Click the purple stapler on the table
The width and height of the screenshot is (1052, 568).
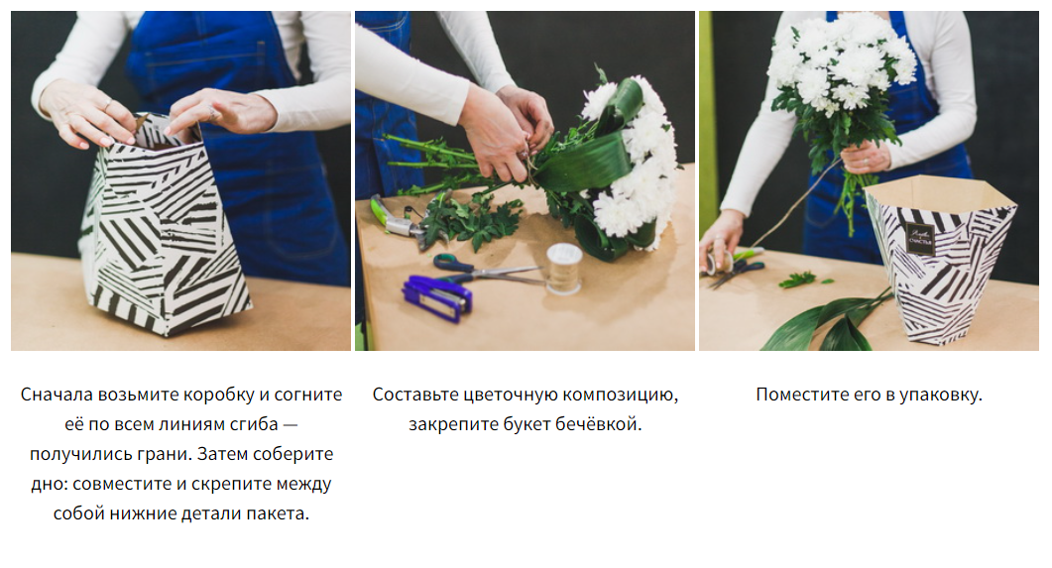click(437, 297)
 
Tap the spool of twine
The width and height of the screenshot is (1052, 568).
click(563, 269)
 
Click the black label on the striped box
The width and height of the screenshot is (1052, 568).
click(920, 238)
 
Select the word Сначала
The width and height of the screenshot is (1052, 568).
click(58, 395)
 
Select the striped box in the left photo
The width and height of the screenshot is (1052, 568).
click(165, 228)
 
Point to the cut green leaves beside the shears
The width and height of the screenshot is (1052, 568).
click(473, 221)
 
